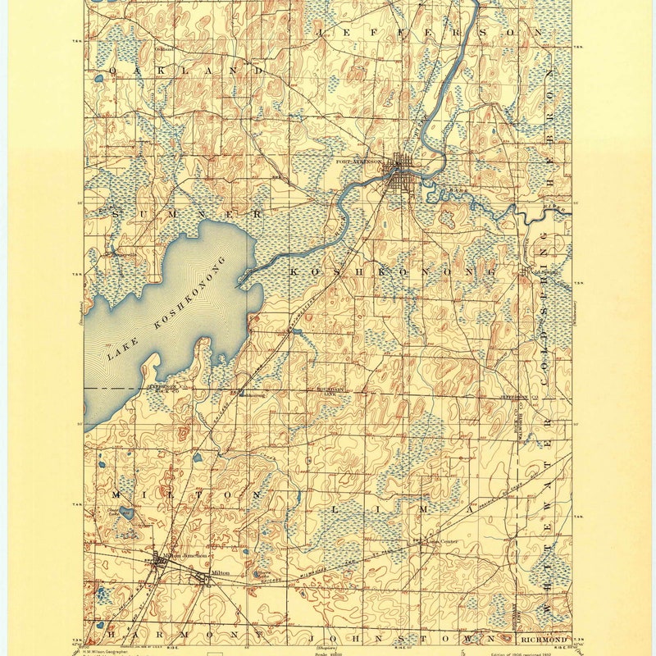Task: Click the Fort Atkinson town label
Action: [x=359, y=162]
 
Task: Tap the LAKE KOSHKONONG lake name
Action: [x=164, y=316]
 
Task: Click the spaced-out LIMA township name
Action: [x=394, y=509]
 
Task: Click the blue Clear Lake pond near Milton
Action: [x=126, y=513]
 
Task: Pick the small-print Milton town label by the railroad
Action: [x=221, y=572]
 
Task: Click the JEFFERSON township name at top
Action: [x=427, y=31]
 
